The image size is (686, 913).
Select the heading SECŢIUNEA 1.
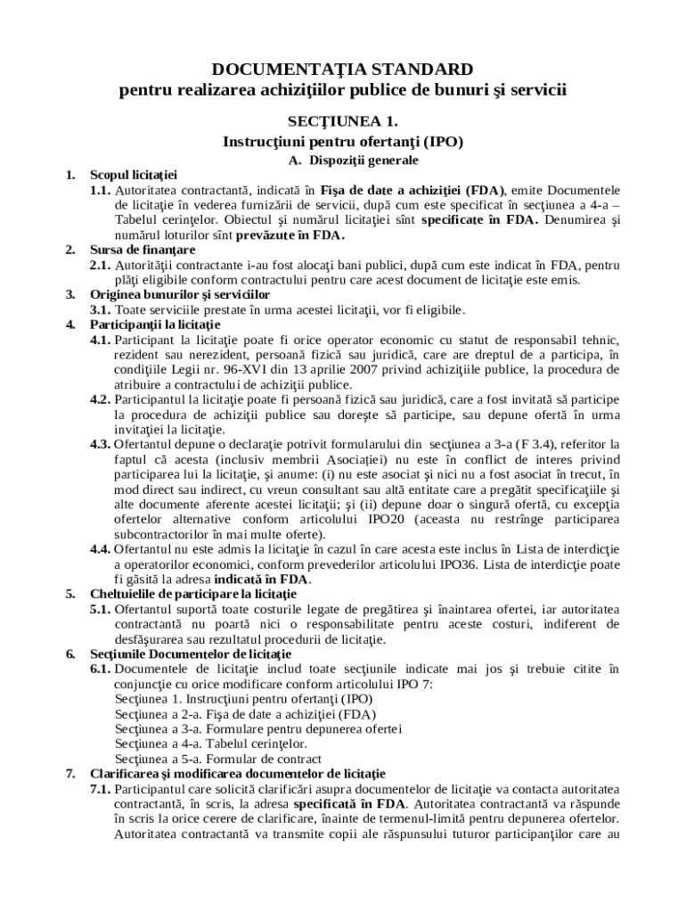pos(342,119)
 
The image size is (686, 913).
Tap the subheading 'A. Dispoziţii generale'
pos(342,160)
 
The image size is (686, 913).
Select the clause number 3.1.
pos(100,310)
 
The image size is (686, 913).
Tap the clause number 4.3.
pos(100,443)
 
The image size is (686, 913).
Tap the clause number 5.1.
pos(100,609)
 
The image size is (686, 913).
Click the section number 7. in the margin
pos(71,773)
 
